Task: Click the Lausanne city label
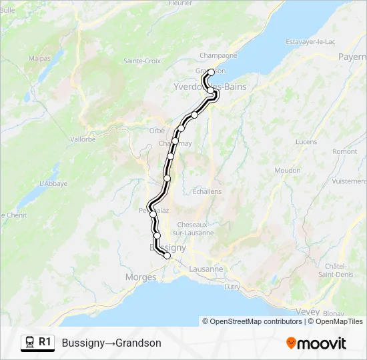click(206, 269)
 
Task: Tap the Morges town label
click(141, 277)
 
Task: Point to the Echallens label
click(207, 191)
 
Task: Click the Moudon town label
click(288, 171)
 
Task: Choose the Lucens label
click(306, 142)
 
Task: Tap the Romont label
click(345, 151)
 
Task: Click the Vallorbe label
click(83, 139)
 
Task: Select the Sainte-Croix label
click(141, 61)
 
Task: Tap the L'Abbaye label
click(54, 183)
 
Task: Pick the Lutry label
click(233, 287)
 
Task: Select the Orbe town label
click(157, 130)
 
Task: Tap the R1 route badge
click(45, 342)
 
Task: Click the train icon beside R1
click(30, 343)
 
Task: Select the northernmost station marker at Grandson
click(211, 72)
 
